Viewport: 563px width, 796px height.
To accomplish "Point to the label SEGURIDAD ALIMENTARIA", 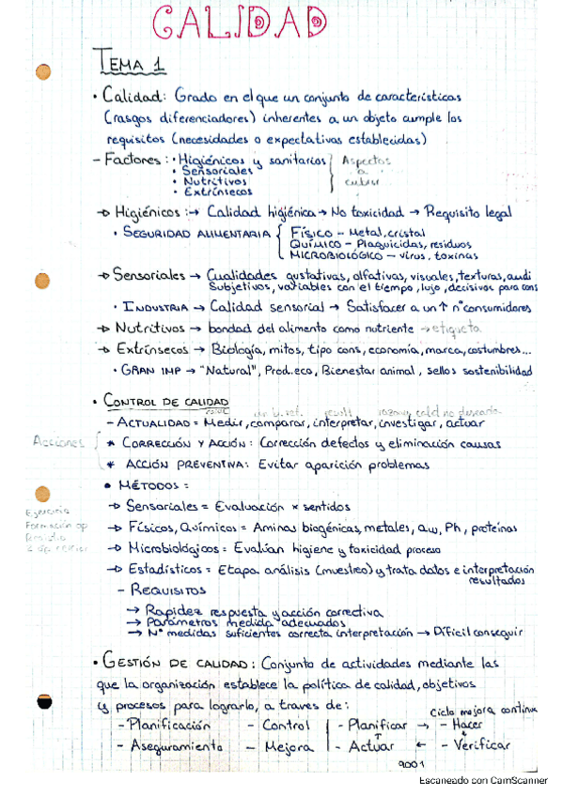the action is point(195,232).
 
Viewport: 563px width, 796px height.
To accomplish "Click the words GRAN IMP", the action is point(150,371).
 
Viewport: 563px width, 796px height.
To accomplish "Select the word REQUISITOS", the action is point(169,591).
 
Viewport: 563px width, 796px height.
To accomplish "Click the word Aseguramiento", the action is point(172,746).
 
